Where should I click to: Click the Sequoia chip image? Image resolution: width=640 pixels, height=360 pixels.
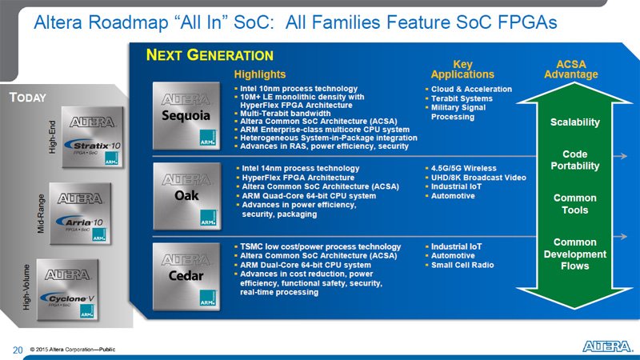click(186, 116)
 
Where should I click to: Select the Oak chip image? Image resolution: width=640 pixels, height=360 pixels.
click(187, 196)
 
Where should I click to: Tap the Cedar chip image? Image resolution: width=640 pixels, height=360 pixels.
click(186, 276)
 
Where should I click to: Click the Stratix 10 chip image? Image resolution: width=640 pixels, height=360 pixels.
click(93, 137)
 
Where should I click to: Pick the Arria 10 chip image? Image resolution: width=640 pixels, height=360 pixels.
click(81, 214)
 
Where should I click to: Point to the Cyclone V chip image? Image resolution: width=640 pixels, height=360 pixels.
click(68, 290)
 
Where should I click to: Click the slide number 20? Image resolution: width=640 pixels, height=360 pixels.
click(18, 350)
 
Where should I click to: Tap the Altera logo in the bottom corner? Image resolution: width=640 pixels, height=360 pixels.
click(607, 346)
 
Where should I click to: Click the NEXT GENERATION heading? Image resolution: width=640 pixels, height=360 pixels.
click(210, 55)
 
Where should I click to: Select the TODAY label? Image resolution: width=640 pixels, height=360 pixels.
click(28, 98)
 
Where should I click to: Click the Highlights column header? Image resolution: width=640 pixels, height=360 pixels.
click(259, 74)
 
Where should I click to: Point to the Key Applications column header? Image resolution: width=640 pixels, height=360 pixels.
click(462, 70)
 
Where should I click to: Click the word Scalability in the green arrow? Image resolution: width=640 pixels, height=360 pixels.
click(574, 122)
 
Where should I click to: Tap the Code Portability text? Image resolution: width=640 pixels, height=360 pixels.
click(574, 160)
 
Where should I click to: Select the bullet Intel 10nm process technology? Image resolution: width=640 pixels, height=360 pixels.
click(296, 89)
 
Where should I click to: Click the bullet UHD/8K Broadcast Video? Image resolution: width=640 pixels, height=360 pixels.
click(475, 178)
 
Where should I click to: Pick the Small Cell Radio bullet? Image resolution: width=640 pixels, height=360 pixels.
click(459, 265)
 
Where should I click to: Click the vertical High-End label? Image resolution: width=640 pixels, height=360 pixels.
click(52, 137)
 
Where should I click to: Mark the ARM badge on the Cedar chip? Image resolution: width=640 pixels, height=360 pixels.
click(208, 298)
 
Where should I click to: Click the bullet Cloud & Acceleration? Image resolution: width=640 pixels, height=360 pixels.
click(469, 89)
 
